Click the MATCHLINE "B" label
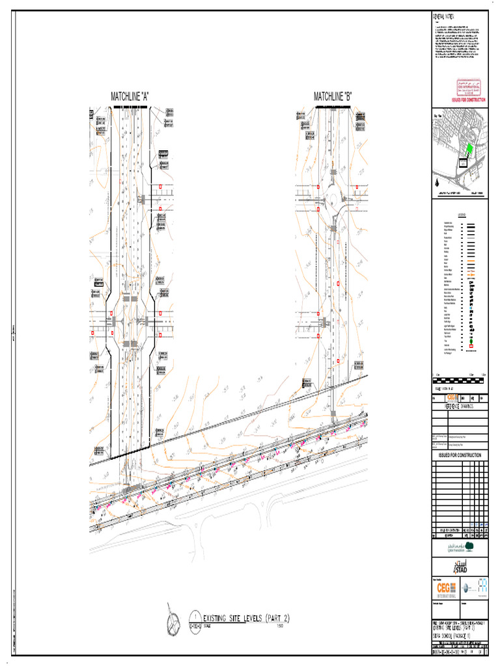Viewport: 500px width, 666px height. (x=333, y=97)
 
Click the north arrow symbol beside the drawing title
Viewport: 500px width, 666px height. (x=174, y=622)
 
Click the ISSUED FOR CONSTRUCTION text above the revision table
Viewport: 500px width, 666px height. (x=460, y=455)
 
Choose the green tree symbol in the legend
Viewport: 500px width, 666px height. (x=470, y=341)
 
